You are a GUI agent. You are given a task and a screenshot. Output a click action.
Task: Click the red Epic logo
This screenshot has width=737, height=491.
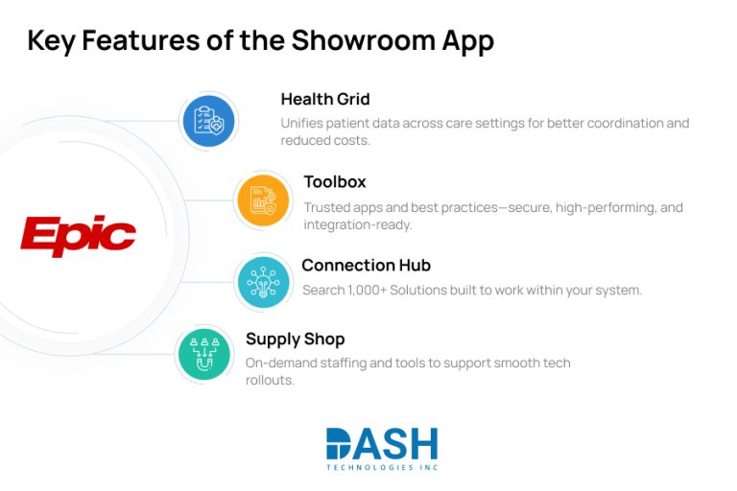[79, 236]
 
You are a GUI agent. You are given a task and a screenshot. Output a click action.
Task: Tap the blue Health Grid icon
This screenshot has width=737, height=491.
[208, 121]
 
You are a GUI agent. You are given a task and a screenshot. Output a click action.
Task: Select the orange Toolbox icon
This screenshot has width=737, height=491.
[263, 200]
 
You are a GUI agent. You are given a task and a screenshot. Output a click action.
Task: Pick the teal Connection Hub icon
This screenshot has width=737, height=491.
[263, 282]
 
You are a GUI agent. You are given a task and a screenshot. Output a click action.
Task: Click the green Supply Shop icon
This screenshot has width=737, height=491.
[204, 354]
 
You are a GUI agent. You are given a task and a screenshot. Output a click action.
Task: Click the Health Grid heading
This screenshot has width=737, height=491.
[324, 99]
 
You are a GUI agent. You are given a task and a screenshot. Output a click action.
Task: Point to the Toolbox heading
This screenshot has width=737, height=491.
[335, 181]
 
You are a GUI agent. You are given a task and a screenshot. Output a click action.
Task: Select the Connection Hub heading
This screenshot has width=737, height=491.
[366, 265]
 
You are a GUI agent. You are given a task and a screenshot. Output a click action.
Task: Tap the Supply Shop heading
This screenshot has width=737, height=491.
[295, 339]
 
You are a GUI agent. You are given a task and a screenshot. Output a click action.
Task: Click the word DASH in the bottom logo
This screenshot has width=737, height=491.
[382, 443]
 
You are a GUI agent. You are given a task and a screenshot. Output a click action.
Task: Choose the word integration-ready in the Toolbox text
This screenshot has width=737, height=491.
[357, 224]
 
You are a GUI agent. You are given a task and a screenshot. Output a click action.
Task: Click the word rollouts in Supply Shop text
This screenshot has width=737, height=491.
[269, 380]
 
